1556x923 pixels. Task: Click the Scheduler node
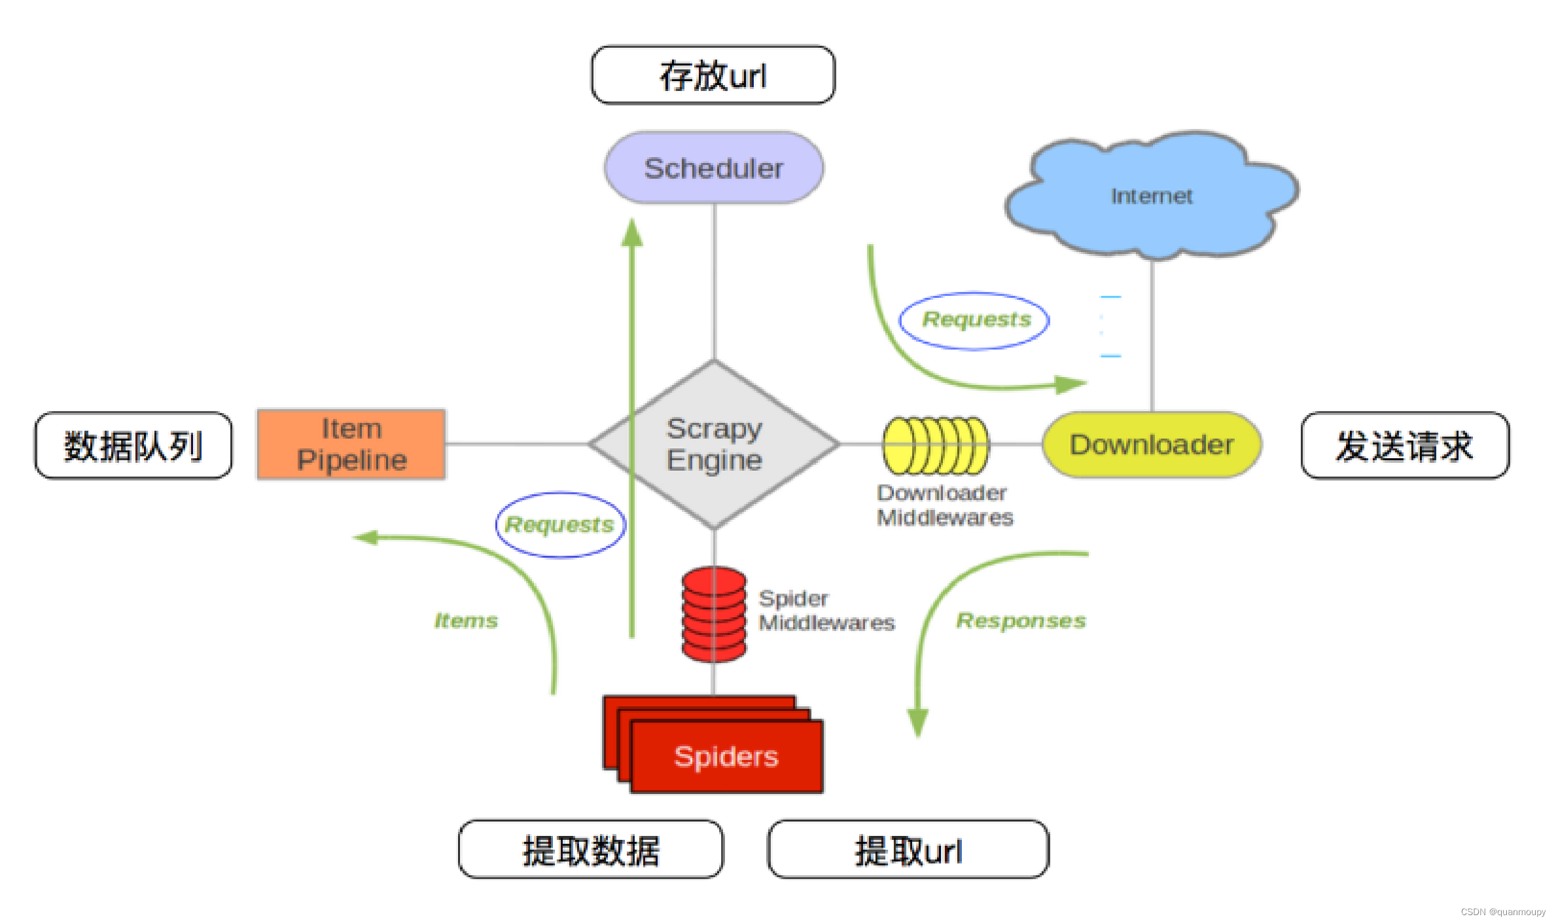click(x=714, y=168)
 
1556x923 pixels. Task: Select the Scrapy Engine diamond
click(x=714, y=444)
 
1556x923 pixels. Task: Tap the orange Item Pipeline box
click(x=351, y=444)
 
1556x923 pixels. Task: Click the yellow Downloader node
click(x=1152, y=444)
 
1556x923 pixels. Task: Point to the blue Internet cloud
click(x=1152, y=195)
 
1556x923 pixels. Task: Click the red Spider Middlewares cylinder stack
click(x=714, y=614)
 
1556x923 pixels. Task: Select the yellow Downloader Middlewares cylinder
click(x=936, y=445)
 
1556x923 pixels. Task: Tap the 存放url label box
click(x=713, y=75)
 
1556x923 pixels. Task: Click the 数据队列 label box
click(x=133, y=446)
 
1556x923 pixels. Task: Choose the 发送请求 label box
click(x=1405, y=446)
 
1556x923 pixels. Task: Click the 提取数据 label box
click(x=591, y=850)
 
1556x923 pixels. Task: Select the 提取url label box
click(x=908, y=850)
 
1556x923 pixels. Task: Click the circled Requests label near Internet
click(x=975, y=320)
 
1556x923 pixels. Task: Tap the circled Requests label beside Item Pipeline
click(x=560, y=524)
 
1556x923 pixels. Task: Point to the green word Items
click(x=466, y=621)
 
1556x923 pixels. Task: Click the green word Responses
click(x=1021, y=621)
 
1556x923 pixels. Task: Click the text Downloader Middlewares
click(x=944, y=505)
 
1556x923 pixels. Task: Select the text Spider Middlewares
click(x=826, y=610)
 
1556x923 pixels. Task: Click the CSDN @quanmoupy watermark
click(x=1502, y=912)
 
